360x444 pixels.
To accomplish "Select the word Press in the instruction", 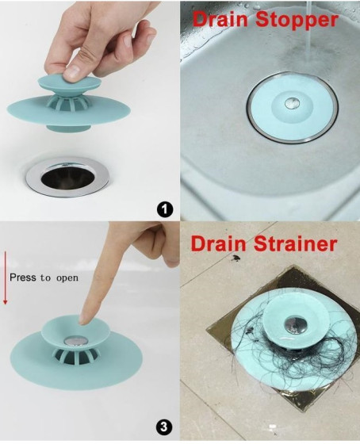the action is click(23, 277).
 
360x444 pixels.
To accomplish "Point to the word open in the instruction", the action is click(67, 277).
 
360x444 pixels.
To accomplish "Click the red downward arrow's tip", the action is click(5, 304).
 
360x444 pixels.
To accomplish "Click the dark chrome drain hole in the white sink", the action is click(67, 178).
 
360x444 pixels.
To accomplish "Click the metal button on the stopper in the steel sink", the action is click(292, 102).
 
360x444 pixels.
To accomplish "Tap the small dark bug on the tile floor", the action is click(235, 258).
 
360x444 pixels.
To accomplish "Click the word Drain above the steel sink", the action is click(223, 19).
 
